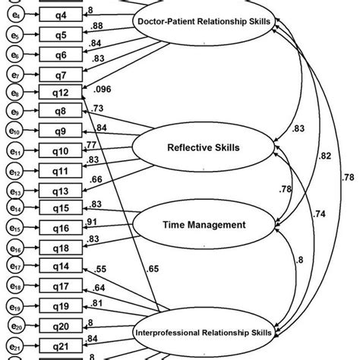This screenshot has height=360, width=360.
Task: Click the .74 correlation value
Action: click(321, 216)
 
